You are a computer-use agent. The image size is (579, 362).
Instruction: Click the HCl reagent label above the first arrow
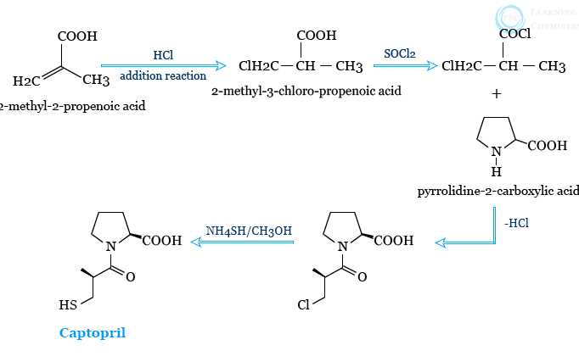tap(164, 55)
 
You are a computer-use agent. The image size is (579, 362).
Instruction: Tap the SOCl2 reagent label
tap(399, 54)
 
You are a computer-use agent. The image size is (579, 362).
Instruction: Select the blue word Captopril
tap(92, 332)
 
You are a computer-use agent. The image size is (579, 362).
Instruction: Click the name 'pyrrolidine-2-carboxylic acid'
tap(498, 191)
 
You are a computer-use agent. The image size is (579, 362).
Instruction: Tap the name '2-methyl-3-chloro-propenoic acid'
tap(294, 90)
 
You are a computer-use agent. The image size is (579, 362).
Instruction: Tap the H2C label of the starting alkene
tap(26, 81)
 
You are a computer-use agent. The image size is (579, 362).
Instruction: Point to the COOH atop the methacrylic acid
tap(77, 36)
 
